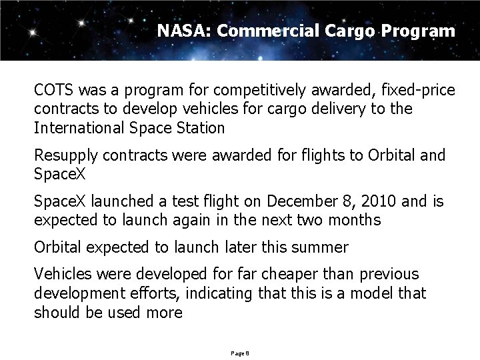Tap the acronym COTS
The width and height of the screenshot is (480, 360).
(55, 89)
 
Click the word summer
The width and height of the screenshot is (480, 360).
(323, 247)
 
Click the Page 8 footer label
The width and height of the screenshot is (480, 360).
(239, 352)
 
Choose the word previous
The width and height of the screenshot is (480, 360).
(388, 274)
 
